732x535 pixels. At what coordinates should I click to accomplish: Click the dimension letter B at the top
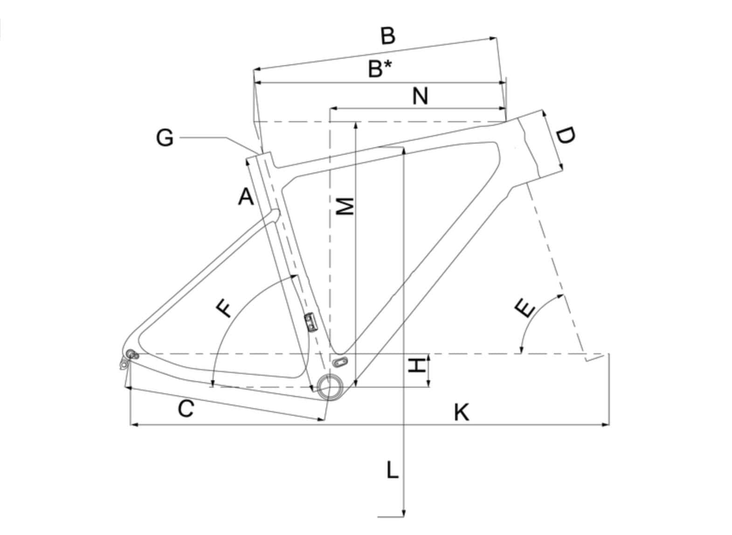[x=387, y=36]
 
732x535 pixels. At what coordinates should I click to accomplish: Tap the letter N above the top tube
[x=420, y=96]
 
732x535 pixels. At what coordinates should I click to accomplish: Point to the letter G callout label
[x=164, y=138]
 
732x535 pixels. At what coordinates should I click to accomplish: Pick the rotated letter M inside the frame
[x=345, y=206]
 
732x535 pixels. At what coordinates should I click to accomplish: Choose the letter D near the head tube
[x=566, y=136]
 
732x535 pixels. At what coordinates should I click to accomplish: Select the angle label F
[x=225, y=309]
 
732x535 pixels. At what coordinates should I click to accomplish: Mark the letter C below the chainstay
[x=186, y=409]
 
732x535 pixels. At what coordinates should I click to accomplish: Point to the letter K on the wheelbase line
[x=461, y=413]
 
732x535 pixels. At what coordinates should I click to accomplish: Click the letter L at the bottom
[x=392, y=470]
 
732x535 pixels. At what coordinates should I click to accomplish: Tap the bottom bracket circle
[x=329, y=386]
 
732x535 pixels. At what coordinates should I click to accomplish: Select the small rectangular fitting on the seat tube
[x=310, y=322]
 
